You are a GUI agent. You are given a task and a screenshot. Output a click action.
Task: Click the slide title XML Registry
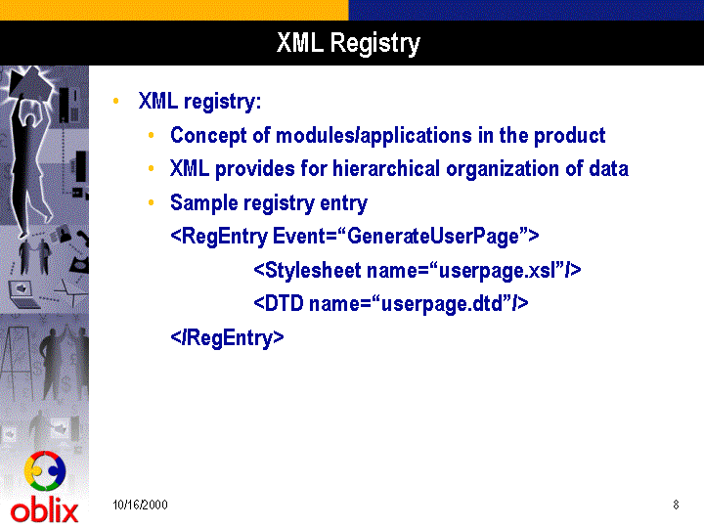click(348, 44)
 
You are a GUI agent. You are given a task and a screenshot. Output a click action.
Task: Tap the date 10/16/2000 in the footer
click(140, 505)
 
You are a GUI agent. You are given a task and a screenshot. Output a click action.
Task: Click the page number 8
click(676, 505)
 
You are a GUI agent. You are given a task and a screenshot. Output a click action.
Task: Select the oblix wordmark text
click(44, 511)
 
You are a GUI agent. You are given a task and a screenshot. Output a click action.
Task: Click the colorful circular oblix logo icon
click(45, 471)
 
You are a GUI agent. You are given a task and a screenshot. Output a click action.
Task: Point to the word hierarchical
click(386, 169)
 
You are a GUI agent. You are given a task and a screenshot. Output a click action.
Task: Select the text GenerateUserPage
click(433, 237)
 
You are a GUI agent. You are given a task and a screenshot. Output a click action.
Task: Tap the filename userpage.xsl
click(501, 270)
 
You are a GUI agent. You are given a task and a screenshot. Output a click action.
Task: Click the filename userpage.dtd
click(441, 304)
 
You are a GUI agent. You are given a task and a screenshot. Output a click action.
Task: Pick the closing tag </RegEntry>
click(227, 338)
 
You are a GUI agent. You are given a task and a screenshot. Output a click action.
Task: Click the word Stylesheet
click(314, 270)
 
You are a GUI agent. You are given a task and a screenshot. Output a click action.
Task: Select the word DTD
click(285, 303)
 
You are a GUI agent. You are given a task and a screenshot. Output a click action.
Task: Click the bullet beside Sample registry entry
click(152, 203)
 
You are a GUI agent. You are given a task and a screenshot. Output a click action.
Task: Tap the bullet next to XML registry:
click(116, 101)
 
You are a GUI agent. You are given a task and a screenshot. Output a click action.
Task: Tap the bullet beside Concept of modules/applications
click(152, 135)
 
